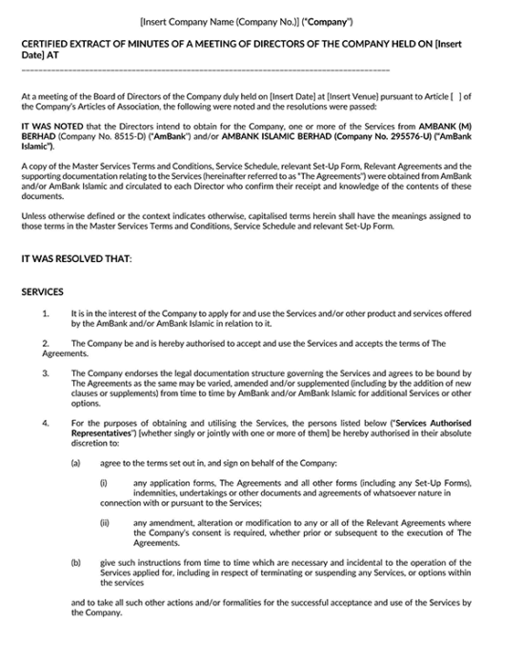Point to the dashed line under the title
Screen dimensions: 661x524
tap(205, 70)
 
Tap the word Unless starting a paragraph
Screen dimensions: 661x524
tap(33, 215)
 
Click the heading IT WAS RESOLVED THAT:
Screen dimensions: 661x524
tap(75, 258)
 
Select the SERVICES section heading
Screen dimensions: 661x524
tap(42, 291)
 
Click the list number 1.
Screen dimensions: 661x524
tap(46, 313)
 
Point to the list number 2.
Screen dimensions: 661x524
tap(46, 343)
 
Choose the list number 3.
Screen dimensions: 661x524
tap(46, 373)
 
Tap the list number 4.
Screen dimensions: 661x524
tap(46, 423)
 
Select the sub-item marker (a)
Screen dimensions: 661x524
tap(76, 463)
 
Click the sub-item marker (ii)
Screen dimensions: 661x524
tap(105, 522)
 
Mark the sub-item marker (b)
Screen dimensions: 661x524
tap(76, 562)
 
